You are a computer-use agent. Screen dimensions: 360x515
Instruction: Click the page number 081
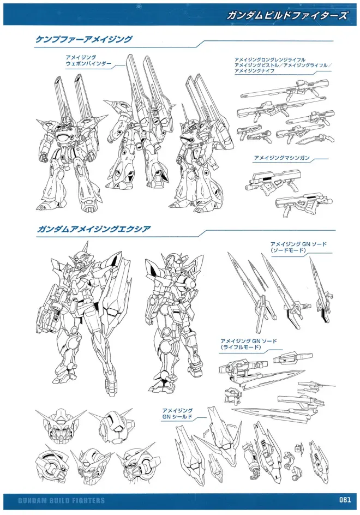point(345,500)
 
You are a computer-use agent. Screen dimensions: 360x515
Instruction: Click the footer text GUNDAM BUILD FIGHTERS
point(62,501)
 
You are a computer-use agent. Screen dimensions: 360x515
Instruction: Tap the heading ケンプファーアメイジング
point(84,39)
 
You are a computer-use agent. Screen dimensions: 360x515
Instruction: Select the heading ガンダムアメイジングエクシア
point(94,229)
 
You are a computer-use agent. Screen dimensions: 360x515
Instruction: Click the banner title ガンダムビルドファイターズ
point(287,15)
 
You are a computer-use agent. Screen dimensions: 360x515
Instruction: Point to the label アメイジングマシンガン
point(281,158)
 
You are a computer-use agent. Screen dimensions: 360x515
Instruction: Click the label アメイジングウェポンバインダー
point(88,61)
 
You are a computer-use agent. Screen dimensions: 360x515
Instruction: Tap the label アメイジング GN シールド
point(177,414)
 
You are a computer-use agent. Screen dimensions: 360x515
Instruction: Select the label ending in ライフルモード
point(249,344)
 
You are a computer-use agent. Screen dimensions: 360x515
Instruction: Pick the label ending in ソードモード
point(298,247)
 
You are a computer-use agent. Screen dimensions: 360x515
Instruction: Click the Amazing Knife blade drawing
point(315,140)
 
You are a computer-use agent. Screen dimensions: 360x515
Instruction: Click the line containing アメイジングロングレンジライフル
point(269,59)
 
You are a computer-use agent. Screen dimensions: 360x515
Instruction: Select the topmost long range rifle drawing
point(285,91)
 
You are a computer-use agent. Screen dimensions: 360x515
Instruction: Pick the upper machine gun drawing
point(273,181)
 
